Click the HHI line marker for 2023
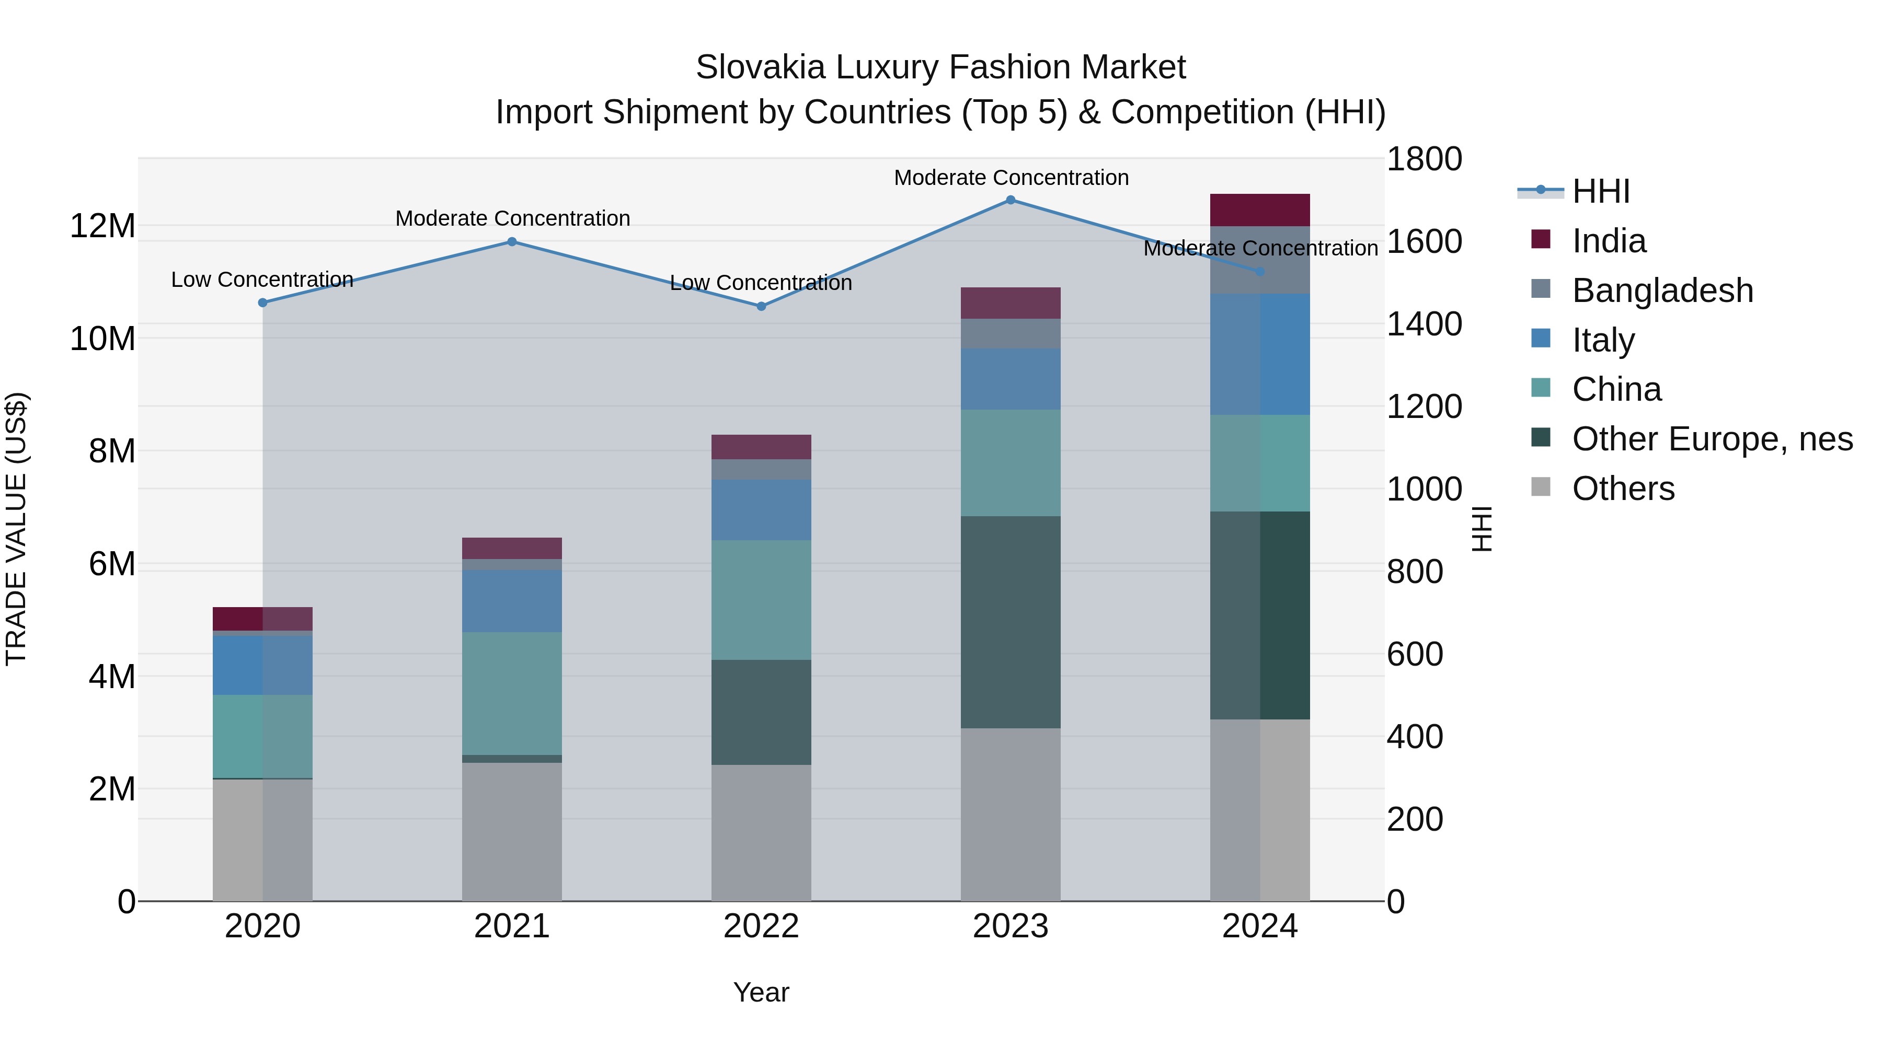click(1011, 200)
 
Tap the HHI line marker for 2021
click(512, 242)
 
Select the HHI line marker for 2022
click(761, 307)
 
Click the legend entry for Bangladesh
click(1662, 290)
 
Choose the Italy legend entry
click(1603, 340)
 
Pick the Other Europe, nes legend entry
click(1712, 439)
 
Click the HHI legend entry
click(1600, 191)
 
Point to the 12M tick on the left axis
click(102, 226)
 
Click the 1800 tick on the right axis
click(1424, 159)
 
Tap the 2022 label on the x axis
click(761, 926)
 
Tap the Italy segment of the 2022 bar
click(761, 509)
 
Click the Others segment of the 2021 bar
click(512, 832)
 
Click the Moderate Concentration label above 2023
click(1011, 178)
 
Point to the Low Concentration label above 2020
click(262, 280)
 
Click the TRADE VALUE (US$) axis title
click(16, 529)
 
